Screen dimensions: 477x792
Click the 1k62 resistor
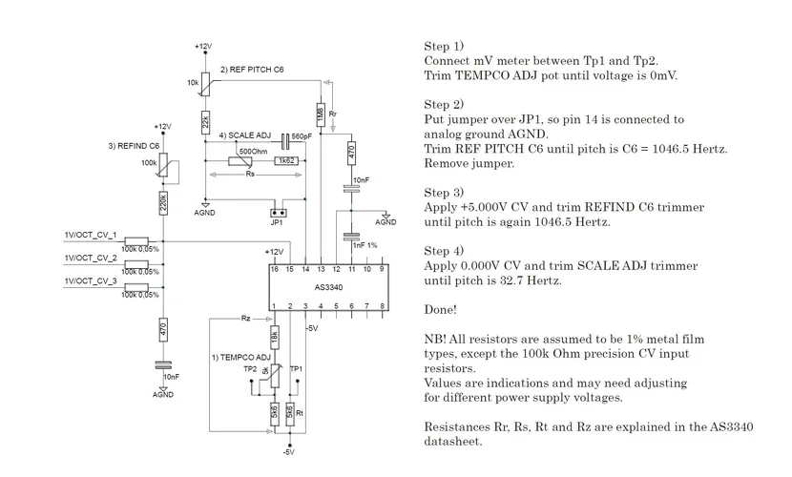click(x=284, y=161)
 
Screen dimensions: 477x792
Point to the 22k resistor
click(x=205, y=122)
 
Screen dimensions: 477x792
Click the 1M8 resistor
click(x=321, y=113)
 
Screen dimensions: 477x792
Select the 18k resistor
click(x=274, y=338)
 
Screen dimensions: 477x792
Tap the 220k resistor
click(x=163, y=202)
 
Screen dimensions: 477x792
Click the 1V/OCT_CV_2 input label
click(x=91, y=258)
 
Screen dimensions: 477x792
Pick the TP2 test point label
click(x=249, y=368)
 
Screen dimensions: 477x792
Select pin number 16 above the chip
click(x=274, y=270)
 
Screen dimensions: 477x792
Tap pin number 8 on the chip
click(x=382, y=306)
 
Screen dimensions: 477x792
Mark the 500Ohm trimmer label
click(x=253, y=151)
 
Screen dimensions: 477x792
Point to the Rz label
click(x=245, y=317)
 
